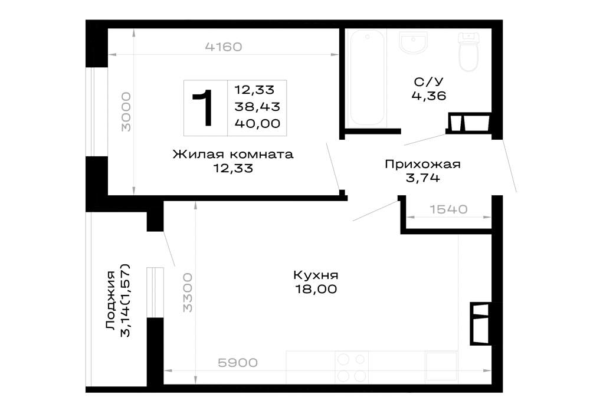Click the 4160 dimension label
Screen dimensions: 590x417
point(224,47)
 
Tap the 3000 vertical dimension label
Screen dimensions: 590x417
point(126,111)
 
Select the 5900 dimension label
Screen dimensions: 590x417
point(238,363)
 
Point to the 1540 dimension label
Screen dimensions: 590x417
point(448,209)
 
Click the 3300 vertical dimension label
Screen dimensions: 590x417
point(188,293)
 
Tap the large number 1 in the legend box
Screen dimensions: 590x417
point(204,107)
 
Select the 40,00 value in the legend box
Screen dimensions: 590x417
point(257,123)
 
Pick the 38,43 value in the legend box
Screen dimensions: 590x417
point(257,107)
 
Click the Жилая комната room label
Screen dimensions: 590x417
point(233,154)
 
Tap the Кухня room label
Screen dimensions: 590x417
point(316,275)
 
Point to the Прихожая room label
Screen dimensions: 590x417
point(422,165)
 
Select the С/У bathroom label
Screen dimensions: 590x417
point(428,81)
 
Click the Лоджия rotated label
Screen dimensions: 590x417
point(111,300)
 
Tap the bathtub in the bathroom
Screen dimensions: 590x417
point(367,78)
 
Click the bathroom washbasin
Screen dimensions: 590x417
point(413,42)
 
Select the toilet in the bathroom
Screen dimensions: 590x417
point(468,51)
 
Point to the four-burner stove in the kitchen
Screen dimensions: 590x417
point(352,367)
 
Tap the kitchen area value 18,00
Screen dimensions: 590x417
point(316,289)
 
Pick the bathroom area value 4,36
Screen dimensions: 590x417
point(429,96)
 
